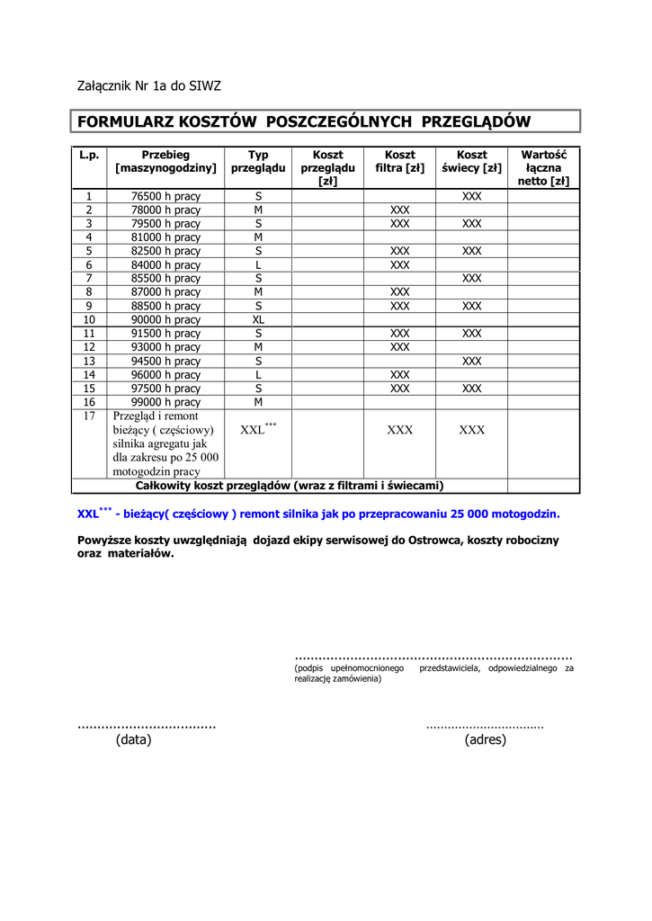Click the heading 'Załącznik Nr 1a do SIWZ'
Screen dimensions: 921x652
(x=148, y=86)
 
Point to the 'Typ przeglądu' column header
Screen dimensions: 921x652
(x=258, y=162)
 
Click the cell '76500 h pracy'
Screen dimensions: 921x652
(x=165, y=196)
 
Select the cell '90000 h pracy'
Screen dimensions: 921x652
(x=165, y=319)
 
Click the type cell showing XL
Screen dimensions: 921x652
(x=258, y=319)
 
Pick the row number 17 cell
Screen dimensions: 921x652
(x=89, y=416)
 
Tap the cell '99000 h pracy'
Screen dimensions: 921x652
(x=165, y=402)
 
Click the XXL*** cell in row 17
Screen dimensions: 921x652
(x=258, y=430)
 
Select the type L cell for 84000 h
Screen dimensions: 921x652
(x=258, y=265)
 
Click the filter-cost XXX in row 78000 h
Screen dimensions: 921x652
(x=399, y=210)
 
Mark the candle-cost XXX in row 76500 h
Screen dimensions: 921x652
(x=471, y=196)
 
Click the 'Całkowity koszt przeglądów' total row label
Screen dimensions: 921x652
(x=290, y=486)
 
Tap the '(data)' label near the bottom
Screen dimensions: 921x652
(x=134, y=740)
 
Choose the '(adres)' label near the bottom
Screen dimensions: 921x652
(x=486, y=740)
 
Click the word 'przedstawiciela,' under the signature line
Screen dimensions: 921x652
(x=450, y=669)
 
